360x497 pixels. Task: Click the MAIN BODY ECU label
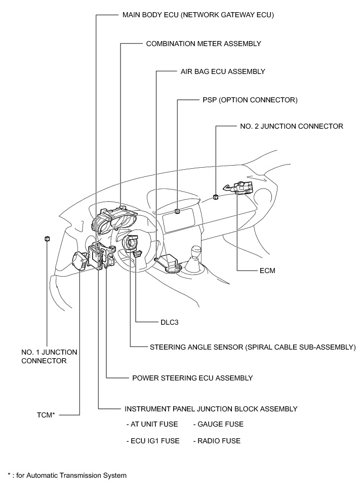(x=198, y=15)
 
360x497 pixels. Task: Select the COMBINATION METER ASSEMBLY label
(x=204, y=44)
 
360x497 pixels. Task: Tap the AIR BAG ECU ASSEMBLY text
(x=223, y=71)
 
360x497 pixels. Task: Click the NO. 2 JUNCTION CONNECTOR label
(x=291, y=126)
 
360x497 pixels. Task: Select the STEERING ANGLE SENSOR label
(x=253, y=348)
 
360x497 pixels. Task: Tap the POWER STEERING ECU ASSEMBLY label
(x=192, y=378)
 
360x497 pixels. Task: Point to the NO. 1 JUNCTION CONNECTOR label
(x=49, y=356)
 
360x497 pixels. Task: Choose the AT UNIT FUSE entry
(x=153, y=424)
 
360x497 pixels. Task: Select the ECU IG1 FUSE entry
(x=153, y=441)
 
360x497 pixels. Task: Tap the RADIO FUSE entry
(x=217, y=441)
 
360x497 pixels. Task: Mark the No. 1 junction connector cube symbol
(x=47, y=239)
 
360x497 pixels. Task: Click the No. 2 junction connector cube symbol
(x=216, y=197)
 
